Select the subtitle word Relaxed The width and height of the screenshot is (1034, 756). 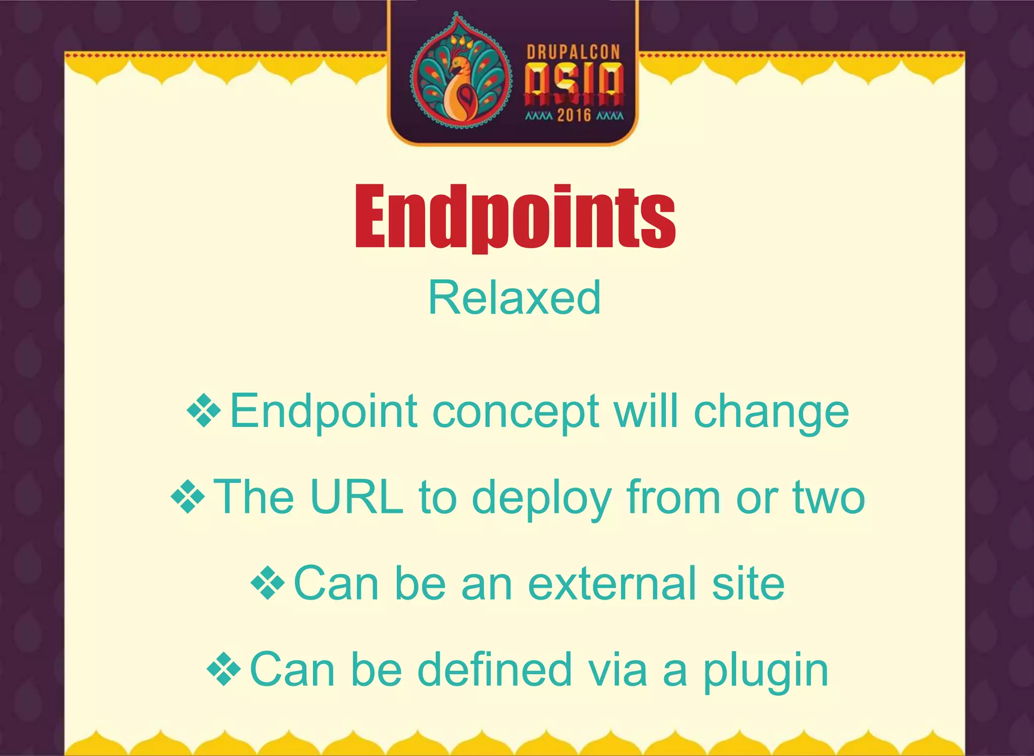(x=514, y=298)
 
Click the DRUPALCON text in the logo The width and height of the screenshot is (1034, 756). (x=573, y=52)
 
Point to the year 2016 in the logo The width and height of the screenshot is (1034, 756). (x=574, y=116)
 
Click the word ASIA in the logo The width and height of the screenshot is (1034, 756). (x=574, y=82)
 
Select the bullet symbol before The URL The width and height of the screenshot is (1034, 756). (x=188, y=498)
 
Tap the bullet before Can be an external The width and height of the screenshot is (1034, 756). (x=268, y=583)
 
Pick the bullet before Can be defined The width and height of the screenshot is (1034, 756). (x=224, y=670)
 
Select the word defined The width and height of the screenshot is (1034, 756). (x=495, y=670)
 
